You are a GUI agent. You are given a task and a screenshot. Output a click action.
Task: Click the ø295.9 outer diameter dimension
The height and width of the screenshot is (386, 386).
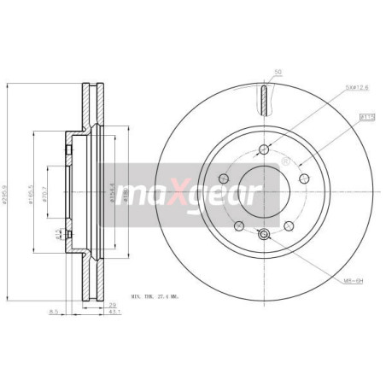tap(8, 184)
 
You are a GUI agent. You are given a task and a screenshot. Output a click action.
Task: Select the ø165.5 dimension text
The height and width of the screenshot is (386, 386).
tap(32, 187)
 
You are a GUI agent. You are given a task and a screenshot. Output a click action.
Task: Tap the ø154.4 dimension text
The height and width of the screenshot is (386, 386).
tap(113, 185)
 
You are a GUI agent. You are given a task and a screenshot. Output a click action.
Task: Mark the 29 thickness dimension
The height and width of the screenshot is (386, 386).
tap(113, 304)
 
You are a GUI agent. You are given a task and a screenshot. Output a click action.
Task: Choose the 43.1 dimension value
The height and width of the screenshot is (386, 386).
tap(114, 313)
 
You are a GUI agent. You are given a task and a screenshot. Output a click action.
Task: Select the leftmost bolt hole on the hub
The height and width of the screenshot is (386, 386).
tap(224, 178)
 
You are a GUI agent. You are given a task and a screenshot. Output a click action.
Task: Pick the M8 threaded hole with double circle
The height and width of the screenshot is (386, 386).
tap(264, 234)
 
